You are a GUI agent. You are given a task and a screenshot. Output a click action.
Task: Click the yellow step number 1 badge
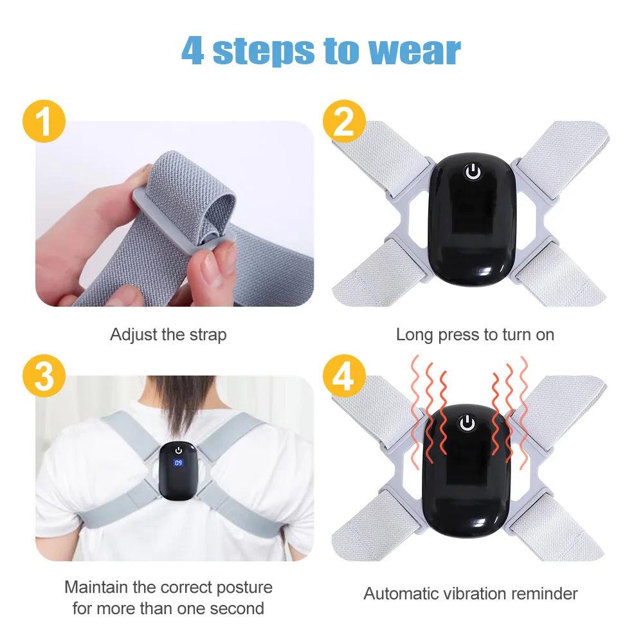click(43, 122)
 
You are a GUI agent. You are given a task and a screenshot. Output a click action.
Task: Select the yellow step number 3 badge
click(43, 376)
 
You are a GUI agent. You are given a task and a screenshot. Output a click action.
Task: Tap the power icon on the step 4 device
click(467, 423)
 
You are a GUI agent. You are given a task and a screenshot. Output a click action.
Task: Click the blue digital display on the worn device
click(178, 462)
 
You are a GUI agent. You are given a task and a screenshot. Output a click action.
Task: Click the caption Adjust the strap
click(168, 335)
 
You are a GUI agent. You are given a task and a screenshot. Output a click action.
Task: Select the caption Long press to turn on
click(475, 335)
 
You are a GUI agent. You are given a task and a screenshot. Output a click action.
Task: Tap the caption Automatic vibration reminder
click(471, 593)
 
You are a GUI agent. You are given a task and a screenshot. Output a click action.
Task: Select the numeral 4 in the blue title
click(193, 50)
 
